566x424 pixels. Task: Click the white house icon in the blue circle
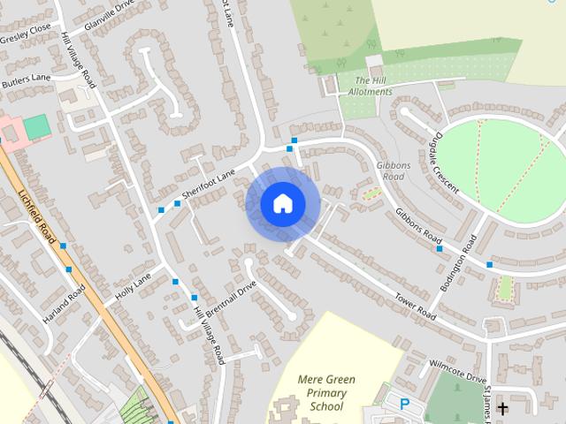click(x=282, y=204)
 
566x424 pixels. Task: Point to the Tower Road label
click(x=416, y=306)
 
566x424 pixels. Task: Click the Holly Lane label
click(x=134, y=284)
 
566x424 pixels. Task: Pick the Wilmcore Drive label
click(x=458, y=370)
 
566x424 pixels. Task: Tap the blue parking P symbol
click(x=405, y=405)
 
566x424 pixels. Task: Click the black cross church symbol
click(x=502, y=408)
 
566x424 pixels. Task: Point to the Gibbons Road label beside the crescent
click(x=390, y=171)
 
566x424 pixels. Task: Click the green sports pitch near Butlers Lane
click(x=36, y=127)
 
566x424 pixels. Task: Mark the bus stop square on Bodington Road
click(x=440, y=249)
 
